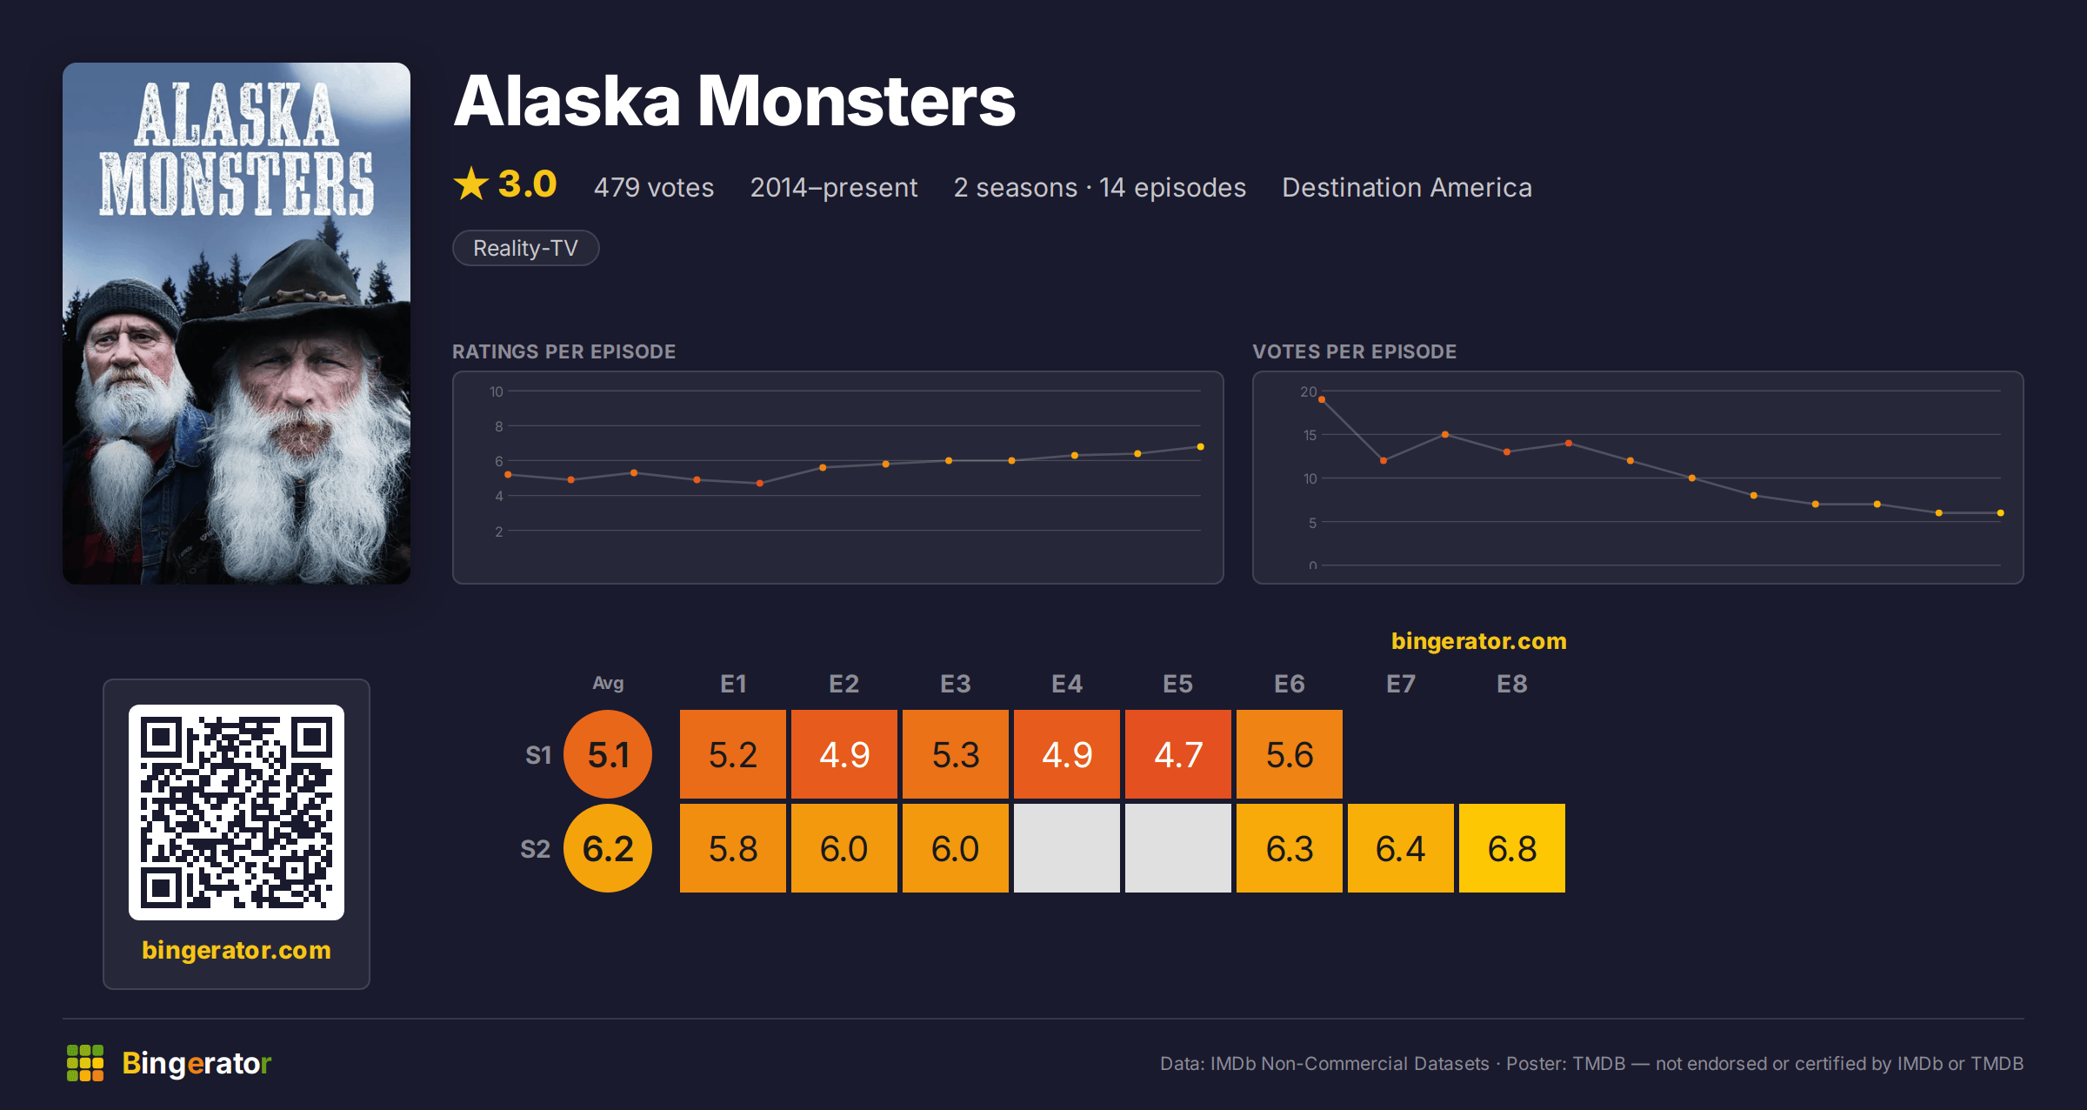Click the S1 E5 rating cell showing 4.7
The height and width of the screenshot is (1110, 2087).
1178,754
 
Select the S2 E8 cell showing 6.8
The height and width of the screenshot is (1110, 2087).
1512,848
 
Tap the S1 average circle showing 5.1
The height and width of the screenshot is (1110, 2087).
608,754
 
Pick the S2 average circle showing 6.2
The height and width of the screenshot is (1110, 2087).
608,848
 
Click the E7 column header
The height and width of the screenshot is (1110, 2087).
1401,684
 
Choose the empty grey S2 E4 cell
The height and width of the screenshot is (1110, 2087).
1067,848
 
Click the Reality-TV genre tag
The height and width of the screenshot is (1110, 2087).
525,248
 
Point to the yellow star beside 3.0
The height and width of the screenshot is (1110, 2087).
471,184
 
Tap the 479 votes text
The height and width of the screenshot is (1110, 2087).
654,187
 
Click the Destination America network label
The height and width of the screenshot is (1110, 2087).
1407,187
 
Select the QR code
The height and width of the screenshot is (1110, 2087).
237,812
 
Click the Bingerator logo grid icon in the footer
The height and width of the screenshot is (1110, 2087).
85,1063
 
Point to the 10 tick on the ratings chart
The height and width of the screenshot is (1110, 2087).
497,391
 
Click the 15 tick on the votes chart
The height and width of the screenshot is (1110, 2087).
1310,435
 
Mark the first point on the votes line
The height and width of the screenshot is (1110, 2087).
1322,399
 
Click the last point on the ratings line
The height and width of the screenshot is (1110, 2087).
1201,447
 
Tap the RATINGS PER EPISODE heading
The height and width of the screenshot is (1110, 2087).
563,351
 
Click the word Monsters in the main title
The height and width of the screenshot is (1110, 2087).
857,101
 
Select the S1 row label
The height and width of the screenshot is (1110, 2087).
538,755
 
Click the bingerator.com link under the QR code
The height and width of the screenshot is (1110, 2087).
237,950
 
